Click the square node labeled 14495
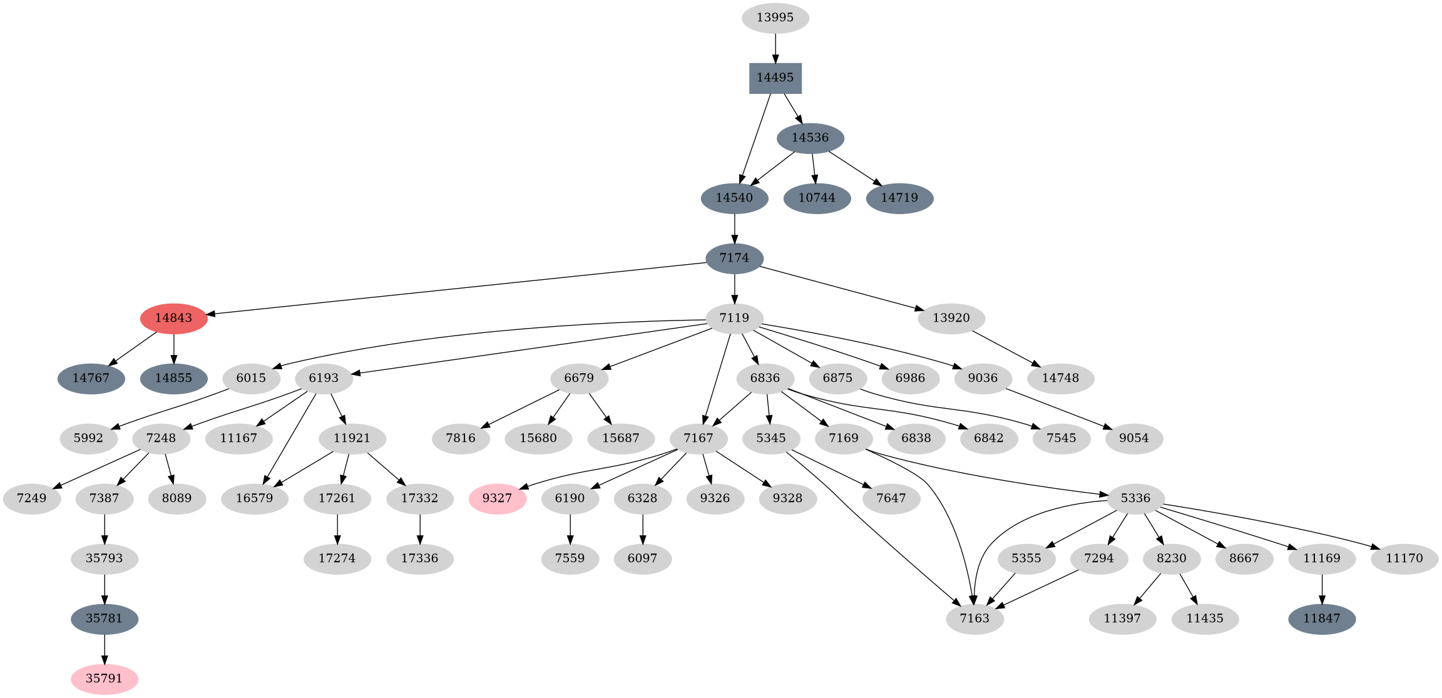coord(775,78)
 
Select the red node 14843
coord(173,318)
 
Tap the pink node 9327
coord(497,498)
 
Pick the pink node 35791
coord(104,679)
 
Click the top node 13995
coord(775,18)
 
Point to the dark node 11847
coord(1321,618)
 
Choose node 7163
coord(974,618)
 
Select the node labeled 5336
coord(1135,498)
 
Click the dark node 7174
coord(734,258)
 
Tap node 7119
coord(734,318)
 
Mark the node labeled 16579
coord(255,498)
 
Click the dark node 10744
coord(817,198)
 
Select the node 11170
coord(1404,558)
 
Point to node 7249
coord(32,498)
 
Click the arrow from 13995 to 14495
coord(775,48)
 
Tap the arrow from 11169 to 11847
coord(1322,588)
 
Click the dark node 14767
coord(91,378)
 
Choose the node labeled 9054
coord(1133,438)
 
